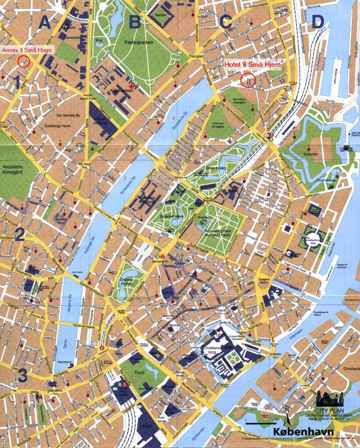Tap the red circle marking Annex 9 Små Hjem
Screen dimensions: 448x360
tap(24, 62)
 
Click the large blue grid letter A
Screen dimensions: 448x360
tap(44, 22)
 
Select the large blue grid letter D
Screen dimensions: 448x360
tap(318, 22)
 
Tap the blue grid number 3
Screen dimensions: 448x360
tap(22, 375)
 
